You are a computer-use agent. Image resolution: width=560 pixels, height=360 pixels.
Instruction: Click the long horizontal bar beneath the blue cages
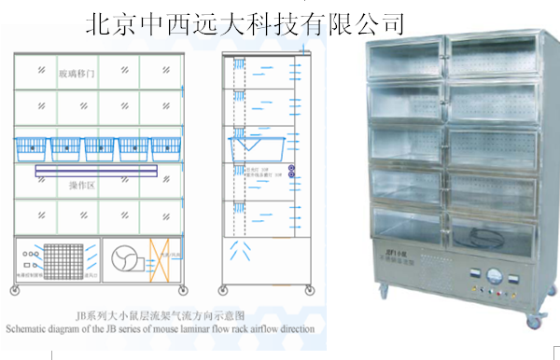(x=100, y=170)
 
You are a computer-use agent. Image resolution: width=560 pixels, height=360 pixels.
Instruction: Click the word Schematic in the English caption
(x=32, y=328)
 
